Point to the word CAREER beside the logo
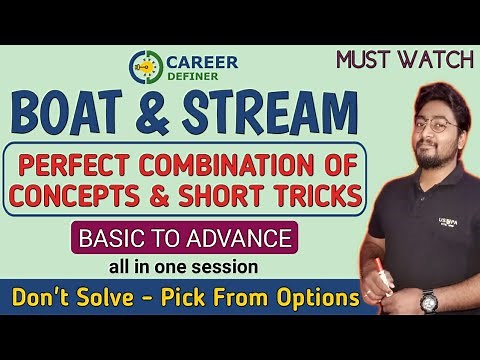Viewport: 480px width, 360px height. tap(202, 61)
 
